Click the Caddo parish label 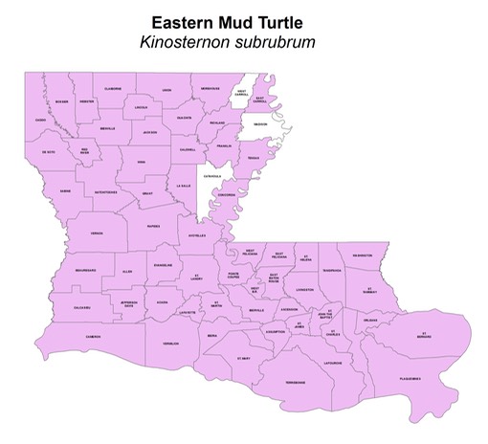[40, 120]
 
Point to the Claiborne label [113, 88]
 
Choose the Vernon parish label [97, 233]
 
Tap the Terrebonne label [295, 382]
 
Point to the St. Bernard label [424, 336]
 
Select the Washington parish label [362, 255]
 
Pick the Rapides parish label [154, 227]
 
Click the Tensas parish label [254, 158]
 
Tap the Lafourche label [332, 363]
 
